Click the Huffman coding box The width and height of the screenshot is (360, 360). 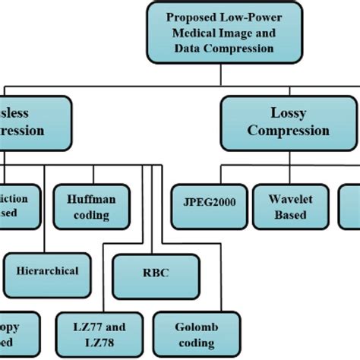[x=87, y=206]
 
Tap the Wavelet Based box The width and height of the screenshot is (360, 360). [x=289, y=206]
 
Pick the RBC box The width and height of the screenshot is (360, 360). [x=156, y=272]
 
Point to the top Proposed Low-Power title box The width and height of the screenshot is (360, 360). [x=221, y=34]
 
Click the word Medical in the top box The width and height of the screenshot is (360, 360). [x=197, y=34]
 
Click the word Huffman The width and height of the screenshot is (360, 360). [x=87, y=198]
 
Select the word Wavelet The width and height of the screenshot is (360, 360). [x=289, y=198]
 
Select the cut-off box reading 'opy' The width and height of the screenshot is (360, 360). [x=14, y=333]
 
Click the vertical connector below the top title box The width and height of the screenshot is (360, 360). [x=221, y=73]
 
